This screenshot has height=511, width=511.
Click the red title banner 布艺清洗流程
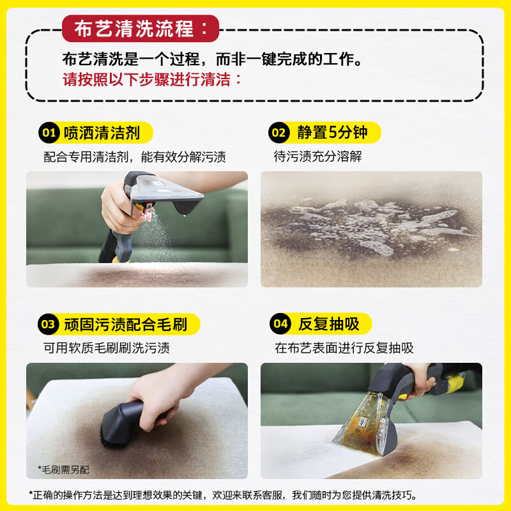click(x=141, y=29)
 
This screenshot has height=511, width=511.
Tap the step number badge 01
click(x=49, y=133)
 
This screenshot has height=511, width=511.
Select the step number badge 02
click(x=278, y=133)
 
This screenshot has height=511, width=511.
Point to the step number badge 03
click(x=49, y=324)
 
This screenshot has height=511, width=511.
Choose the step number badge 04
click(x=280, y=324)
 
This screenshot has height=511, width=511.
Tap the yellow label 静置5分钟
click(x=332, y=133)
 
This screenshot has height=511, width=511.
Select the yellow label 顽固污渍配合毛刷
click(x=125, y=324)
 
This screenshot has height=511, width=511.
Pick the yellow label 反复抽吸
click(x=329, y=324)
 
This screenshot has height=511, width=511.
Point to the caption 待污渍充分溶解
click(x=318, y=156)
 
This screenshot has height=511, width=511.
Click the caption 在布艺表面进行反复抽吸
click(x=344, y=348)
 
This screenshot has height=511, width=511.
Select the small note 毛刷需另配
click(x=63, y=469)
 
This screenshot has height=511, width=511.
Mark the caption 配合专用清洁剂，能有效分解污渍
click(x=135, y=156)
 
